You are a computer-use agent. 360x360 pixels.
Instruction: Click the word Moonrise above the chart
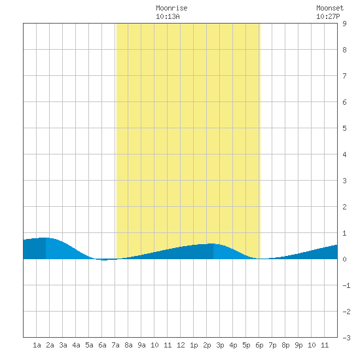pos(171,8)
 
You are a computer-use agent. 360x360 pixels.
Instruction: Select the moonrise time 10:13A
pos(168,16)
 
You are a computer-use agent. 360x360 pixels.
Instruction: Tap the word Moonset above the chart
pos(330,8)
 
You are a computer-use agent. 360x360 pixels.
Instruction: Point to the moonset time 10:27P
pos(328,16)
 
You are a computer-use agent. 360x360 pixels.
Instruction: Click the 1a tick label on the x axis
pos(37,345)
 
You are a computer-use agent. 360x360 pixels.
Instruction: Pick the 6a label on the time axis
pos(102,345)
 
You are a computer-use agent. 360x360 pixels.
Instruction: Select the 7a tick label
pos(115,345)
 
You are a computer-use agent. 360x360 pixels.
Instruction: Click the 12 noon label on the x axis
pos(181,345)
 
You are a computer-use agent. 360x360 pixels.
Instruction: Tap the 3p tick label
pos(220,345)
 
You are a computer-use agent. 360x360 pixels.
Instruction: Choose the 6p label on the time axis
pos(259,345)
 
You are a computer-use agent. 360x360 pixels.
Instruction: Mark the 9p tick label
pos(298,345)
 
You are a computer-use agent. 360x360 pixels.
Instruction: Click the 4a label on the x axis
pos(76,345)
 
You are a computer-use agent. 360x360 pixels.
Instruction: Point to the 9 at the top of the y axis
pos(344,24)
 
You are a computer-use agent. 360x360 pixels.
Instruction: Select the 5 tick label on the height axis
pos(344,128)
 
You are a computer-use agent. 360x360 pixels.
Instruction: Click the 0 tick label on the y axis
pos(344,259)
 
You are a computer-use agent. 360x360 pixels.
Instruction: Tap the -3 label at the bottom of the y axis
pos(346,338)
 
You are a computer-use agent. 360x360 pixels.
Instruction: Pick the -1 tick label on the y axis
pos(346,285)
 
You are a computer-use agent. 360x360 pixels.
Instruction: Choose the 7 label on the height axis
pos(344,76)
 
